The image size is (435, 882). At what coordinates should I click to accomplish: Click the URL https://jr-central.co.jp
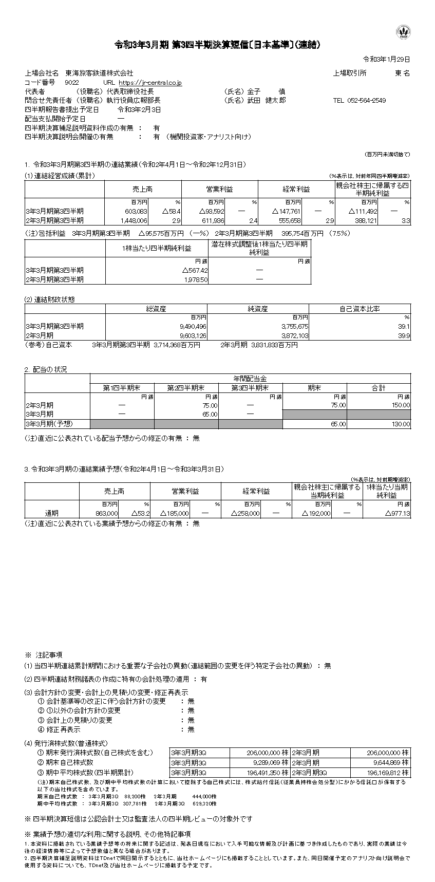[150, 82]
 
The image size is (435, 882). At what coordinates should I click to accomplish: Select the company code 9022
[72, 82]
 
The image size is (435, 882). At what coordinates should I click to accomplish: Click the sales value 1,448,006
[134, 220]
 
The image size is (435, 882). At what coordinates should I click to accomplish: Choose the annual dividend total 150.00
[400, 405]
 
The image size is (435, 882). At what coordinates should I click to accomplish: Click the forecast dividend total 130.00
[400, 424]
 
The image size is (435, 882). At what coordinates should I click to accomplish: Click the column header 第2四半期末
[186, 388]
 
